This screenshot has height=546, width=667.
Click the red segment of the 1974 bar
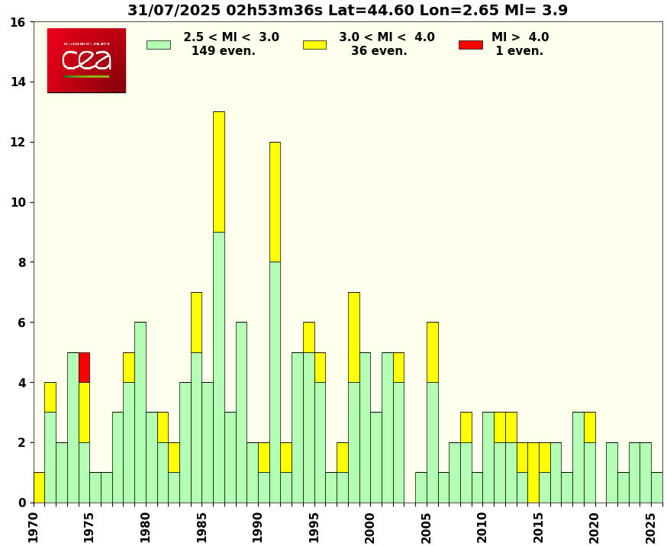[x=84, y=368]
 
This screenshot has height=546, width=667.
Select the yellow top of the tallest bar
[x=218, y=172]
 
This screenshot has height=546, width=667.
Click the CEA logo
[x=86, y=60]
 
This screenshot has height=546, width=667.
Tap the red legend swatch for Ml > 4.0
[x=470, y=44]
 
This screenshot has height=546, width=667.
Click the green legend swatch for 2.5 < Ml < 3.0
[x=158, y=44]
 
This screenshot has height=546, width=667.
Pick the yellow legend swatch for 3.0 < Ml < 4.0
[x=314, y=44]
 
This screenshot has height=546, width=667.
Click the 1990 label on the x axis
[x=258, y=527]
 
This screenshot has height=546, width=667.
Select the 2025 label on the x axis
[x=651, y=527]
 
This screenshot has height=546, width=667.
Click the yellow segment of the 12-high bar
[x=275, y=201]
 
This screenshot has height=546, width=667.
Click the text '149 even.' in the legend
[x=223, y=51]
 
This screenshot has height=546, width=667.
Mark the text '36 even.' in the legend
[x=379, y=51]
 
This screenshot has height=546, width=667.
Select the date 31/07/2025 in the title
[x=172, y=11]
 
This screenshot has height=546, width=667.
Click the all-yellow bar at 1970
[x=39, y=487]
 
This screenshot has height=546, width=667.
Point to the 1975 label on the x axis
[x=89, y=527]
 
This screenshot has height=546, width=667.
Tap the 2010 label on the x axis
[x=482, y=527]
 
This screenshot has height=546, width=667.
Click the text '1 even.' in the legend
[x=519, y=51]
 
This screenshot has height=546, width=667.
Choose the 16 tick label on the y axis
[x=17, y=22]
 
